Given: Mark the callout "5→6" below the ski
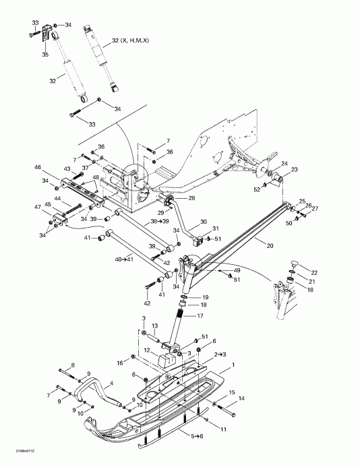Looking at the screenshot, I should click(197, 437).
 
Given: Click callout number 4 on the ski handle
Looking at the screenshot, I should click(111, 383).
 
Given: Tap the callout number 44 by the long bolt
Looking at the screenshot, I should click(58, 199).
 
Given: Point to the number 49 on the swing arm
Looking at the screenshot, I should click(236, 270).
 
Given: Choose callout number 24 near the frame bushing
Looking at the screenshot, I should click(284, 164).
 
